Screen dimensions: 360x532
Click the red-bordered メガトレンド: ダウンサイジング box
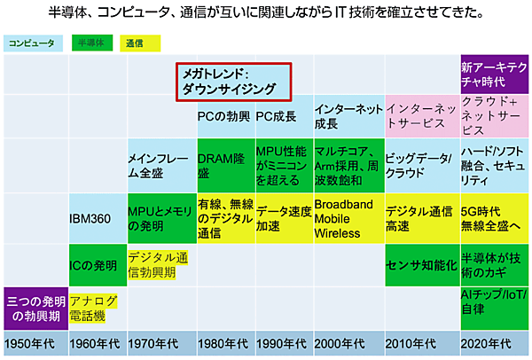[x=231, y=81]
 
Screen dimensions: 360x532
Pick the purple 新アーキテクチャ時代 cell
[x=495, y=74]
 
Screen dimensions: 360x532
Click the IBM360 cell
[x=96, y=218]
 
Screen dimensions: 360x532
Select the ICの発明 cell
[x=96, y=264]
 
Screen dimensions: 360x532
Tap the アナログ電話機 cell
[x=96, y=309]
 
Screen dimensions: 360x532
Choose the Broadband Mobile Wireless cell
[x=348, y=218]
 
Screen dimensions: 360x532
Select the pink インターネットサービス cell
[x=421, y=117]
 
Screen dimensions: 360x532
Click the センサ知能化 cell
[x=421, y=264]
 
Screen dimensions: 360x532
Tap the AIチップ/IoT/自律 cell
[x=495, y=309]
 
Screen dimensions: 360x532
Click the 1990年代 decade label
[x=283, y=343]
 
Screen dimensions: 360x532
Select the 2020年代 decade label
[x=495, y=343]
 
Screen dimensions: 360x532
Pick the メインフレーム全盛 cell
[x=160, y=167]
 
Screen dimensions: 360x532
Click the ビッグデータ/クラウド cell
[x=421, y=167]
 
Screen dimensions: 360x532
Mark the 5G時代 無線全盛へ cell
[x=495, y=218]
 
